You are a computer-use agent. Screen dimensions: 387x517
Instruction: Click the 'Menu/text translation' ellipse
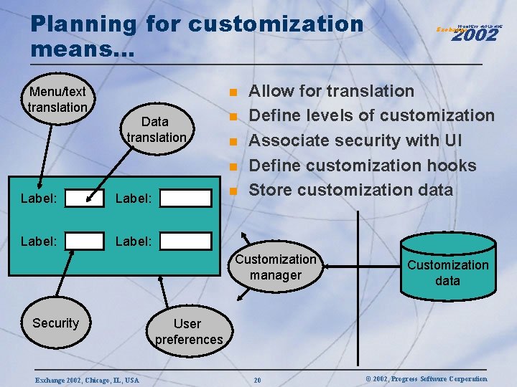coord(57,100)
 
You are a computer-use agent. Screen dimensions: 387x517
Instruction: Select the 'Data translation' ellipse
coord(156,129)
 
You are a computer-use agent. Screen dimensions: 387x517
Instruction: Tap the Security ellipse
coord(55,323)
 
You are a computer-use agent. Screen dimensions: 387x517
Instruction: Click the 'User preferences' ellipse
coord(188,332)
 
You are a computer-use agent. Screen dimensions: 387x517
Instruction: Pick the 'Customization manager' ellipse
coord(276,267)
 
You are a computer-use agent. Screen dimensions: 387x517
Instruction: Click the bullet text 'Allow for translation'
coord(331,91)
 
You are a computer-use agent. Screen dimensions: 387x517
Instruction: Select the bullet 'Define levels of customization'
coord(371,115)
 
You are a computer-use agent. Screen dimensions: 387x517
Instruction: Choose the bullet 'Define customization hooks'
coord(362,166)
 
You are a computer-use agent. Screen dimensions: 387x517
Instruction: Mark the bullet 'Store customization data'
coord(350,190)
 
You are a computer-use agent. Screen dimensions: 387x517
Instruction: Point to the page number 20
coord(257,379)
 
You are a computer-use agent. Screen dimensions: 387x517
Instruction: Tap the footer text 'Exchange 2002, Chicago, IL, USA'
coord(87,379)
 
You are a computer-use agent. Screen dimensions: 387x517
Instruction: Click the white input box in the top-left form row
coord(84,199)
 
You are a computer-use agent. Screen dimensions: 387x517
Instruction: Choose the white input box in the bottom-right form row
coord(185,242)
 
